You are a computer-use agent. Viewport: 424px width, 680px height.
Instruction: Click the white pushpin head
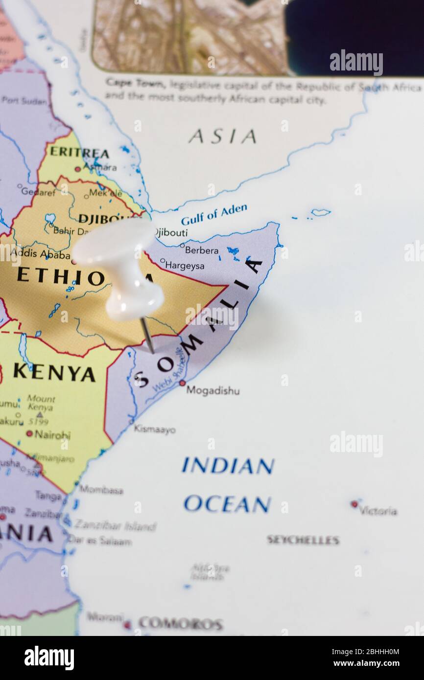[x=118, y=264]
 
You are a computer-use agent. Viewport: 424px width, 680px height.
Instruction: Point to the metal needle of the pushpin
[x=147, y=335]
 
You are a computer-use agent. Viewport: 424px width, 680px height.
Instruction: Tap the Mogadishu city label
[x=212, y=391]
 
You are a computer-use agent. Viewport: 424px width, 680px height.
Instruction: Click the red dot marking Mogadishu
[x=182, y=383]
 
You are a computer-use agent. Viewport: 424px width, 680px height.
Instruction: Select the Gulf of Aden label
[x=214, y=214]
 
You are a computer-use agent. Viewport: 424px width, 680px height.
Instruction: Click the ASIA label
[x=222, y=136]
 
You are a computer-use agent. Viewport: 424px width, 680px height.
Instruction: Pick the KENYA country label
[x=54, y=372]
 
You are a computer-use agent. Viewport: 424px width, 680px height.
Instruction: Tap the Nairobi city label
[x=52, y=434]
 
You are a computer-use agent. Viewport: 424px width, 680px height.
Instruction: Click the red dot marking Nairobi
[x=29, y=433]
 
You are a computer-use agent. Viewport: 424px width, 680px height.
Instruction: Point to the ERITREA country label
[x=79, y=152]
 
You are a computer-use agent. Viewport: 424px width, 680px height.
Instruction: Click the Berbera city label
[x=201, y=250]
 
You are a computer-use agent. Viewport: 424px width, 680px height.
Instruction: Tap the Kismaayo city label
[x=155, y=430]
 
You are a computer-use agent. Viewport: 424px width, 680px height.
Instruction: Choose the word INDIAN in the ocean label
[x=228, y=466]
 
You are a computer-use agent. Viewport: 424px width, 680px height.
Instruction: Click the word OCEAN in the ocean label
[x=227, y=504]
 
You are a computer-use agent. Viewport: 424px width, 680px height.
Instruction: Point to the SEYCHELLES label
[x=303, y=540]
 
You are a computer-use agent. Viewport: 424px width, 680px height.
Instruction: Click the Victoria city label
[x=377, y=511]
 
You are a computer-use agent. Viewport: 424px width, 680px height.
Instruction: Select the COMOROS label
[x=180, y=624]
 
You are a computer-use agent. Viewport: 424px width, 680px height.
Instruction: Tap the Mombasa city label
[x=101, y=490]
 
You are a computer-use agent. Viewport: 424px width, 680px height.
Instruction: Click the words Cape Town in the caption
[x=135, y=83]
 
